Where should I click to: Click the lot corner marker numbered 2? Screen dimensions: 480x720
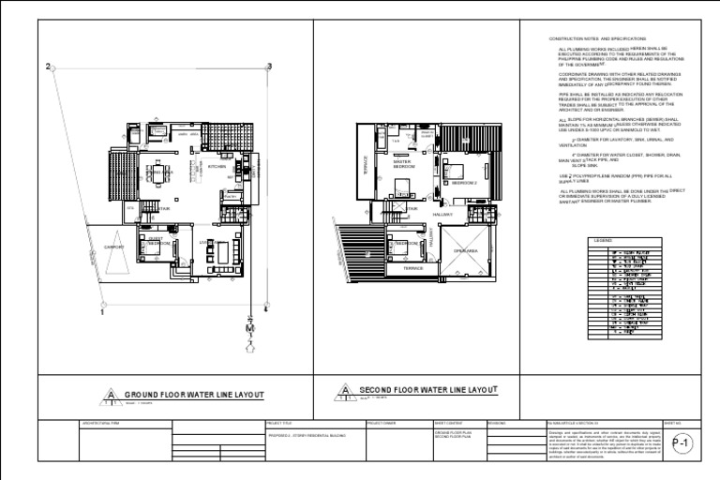(48, 67)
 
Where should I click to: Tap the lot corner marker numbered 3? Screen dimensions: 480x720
(269, 67)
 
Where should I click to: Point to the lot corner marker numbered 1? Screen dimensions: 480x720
(101, 312)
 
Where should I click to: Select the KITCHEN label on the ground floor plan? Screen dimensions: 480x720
(217, 167)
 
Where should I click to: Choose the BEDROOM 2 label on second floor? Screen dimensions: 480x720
(464, 184)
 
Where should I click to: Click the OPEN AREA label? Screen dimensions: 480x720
(466, 251)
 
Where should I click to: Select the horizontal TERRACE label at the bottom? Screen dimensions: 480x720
(412, 268)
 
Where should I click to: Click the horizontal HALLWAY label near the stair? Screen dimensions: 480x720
(442, 215)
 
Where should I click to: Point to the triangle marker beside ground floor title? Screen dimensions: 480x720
(112, 395)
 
